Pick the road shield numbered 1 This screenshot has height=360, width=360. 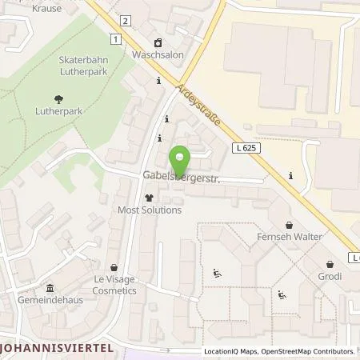116,38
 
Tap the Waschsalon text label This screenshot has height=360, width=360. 158,57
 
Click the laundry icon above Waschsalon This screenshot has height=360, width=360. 158,43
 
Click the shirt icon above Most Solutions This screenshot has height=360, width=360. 148,197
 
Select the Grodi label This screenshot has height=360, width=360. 329,277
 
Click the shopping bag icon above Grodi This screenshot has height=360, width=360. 330,263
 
